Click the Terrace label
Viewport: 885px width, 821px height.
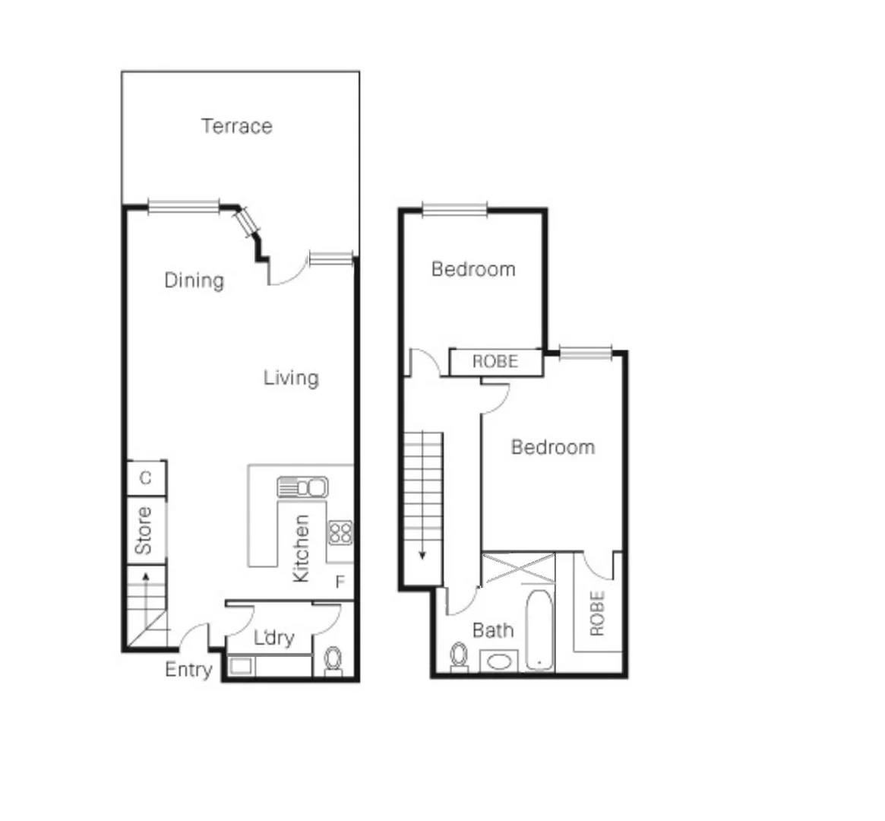click(x=236, y=126)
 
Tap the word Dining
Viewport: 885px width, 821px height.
click(x=194, y=281)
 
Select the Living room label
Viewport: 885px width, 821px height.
click(x=291, y=378)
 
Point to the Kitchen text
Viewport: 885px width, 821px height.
click(x=301, y=549)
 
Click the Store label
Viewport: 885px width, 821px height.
click(x=143, y=531)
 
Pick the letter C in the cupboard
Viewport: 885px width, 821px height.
click(x=146, y=478)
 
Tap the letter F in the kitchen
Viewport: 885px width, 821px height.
click(x=340, y=582)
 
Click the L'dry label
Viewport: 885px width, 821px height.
click(x=273, y=638)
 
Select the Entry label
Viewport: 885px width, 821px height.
click(x=188, y=670)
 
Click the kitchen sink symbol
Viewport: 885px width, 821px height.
click(x=302, y=487)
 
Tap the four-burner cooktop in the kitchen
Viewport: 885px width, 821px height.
click(x=340, y=532)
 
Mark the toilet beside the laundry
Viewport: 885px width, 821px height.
click(x=333, y=660)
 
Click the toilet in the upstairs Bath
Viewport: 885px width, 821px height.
click(x=458, y=657)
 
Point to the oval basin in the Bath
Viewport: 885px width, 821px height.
click(x=498, y=661)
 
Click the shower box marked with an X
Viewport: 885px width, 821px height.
click(x=519, y=569)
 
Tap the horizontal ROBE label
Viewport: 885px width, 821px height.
click(x=495, y=362)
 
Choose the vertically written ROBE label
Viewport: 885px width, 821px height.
click(x=597, y=613)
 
